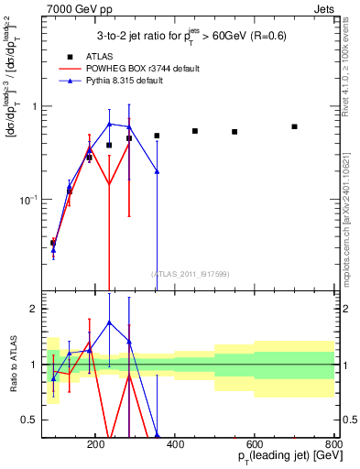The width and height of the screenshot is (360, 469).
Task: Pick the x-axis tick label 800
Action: (x=333, y=443)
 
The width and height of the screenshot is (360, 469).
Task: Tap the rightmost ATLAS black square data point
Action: (x=294, y=126)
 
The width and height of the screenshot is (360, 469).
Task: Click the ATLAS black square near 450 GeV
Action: (x=195, y=131)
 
